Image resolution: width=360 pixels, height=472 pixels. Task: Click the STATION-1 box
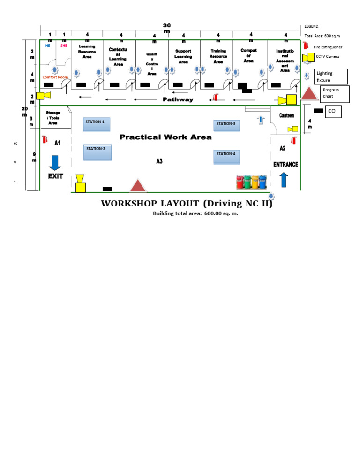click(97, 124)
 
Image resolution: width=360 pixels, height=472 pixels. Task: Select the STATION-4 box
click(227, 157)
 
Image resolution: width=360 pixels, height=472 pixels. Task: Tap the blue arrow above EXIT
click(55, 162)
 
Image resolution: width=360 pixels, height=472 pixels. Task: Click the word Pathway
click(178, 99)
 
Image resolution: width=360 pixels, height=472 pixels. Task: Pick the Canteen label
click(286, 115)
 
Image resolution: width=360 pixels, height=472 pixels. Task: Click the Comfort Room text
click(55, 77)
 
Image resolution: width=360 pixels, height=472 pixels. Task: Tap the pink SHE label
click(64, 46)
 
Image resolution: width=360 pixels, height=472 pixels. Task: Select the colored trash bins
click(252, 182)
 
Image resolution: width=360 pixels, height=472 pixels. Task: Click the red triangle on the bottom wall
click(138, 186)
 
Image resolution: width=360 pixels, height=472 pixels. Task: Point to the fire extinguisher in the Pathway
click(216, 97)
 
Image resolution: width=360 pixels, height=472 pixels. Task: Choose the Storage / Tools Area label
click(53, 118)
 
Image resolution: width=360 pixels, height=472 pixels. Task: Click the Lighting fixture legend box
click(331, 76)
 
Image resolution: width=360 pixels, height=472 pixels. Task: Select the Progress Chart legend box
click(334, 93)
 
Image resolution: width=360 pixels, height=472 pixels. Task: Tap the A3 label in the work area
click(159, 161)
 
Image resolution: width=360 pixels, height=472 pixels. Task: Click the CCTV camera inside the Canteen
click(293, 129)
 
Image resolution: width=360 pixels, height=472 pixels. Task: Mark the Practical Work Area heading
click(165, 137)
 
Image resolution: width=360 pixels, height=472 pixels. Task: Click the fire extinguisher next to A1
click(45, 139)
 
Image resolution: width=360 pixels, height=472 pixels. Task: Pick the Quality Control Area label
click(152, 64)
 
